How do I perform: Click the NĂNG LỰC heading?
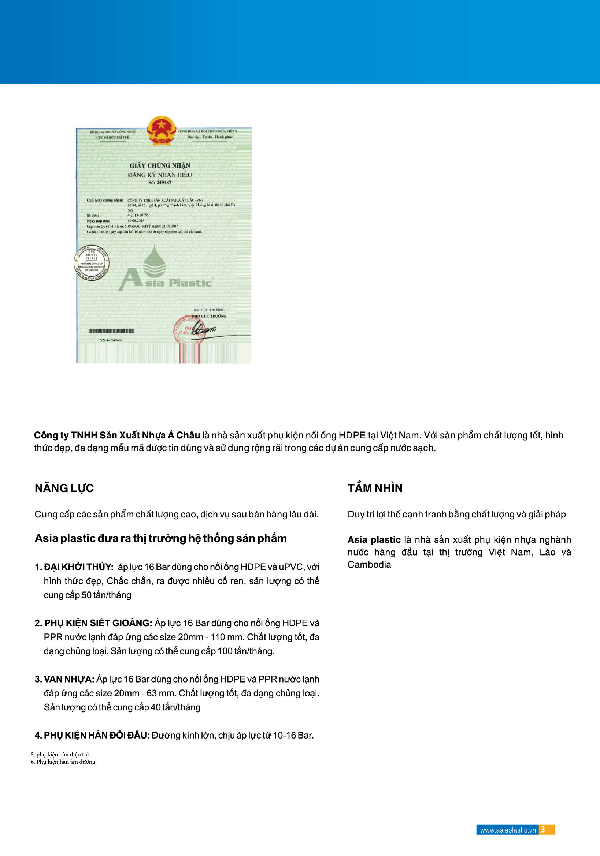(x=64, y=489)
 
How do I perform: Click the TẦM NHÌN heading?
(x=375, y=489)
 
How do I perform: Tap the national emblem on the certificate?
(x=161, y=131)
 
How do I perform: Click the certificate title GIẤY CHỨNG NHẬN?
(x=160, y=165)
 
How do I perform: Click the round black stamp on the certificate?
(x=92, y=263)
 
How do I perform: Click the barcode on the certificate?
(x=111, y=331)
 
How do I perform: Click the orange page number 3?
(x=543, y=830)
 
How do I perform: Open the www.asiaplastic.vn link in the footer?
(x=507, y=830)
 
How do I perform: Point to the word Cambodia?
(x=369, y=565)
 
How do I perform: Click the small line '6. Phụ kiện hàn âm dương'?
(x=63, y=762)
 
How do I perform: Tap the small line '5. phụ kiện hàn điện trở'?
(x=60, y=755)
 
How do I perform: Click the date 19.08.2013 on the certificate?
(x=136, y=221)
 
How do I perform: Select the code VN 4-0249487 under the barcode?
(x=111, y=340)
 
